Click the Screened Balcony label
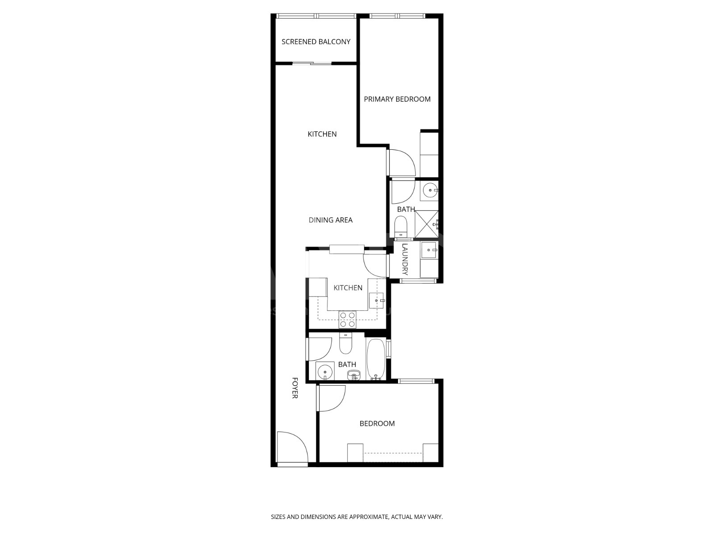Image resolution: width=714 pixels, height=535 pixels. click(316, 41)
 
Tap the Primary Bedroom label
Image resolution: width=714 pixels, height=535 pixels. click(397, 99)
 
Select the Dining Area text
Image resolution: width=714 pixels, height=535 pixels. click(331, 220)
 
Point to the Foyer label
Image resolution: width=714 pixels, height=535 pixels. click(295, 387)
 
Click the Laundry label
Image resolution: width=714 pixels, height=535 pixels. click(405, 259)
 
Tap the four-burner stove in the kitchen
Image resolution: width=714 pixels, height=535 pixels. click(347, 319)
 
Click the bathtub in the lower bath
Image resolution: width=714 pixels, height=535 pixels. click(376, 359)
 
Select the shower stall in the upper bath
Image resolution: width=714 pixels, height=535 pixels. click(427, 224)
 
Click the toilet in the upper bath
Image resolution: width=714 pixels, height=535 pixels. click(400, 227)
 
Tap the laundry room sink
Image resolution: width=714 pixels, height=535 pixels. click(429, 250)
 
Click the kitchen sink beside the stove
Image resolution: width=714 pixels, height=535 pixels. click(376, 300)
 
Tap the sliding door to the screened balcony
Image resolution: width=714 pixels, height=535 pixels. click(311, 63)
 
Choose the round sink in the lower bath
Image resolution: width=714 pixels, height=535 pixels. click(324, 370)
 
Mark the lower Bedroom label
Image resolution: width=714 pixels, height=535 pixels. click(377, 424)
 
